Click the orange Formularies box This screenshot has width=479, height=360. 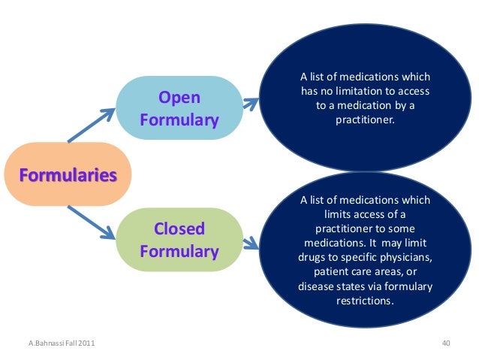(x=68, y=174)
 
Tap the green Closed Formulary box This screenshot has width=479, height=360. (x=179, y=240)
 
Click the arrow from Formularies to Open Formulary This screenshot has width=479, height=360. (x=92, y=126)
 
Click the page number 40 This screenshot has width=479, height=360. (x=446, y=343)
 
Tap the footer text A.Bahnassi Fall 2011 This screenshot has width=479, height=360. (x=56, y=343)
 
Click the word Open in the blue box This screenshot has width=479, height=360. (x=179, y=98)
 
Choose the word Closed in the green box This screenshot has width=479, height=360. (x=179, y=228)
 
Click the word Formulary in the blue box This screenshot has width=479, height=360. (x=179, y=120)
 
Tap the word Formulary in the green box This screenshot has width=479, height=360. (x=179, y=250)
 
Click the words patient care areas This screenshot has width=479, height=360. (x=360, y=271)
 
